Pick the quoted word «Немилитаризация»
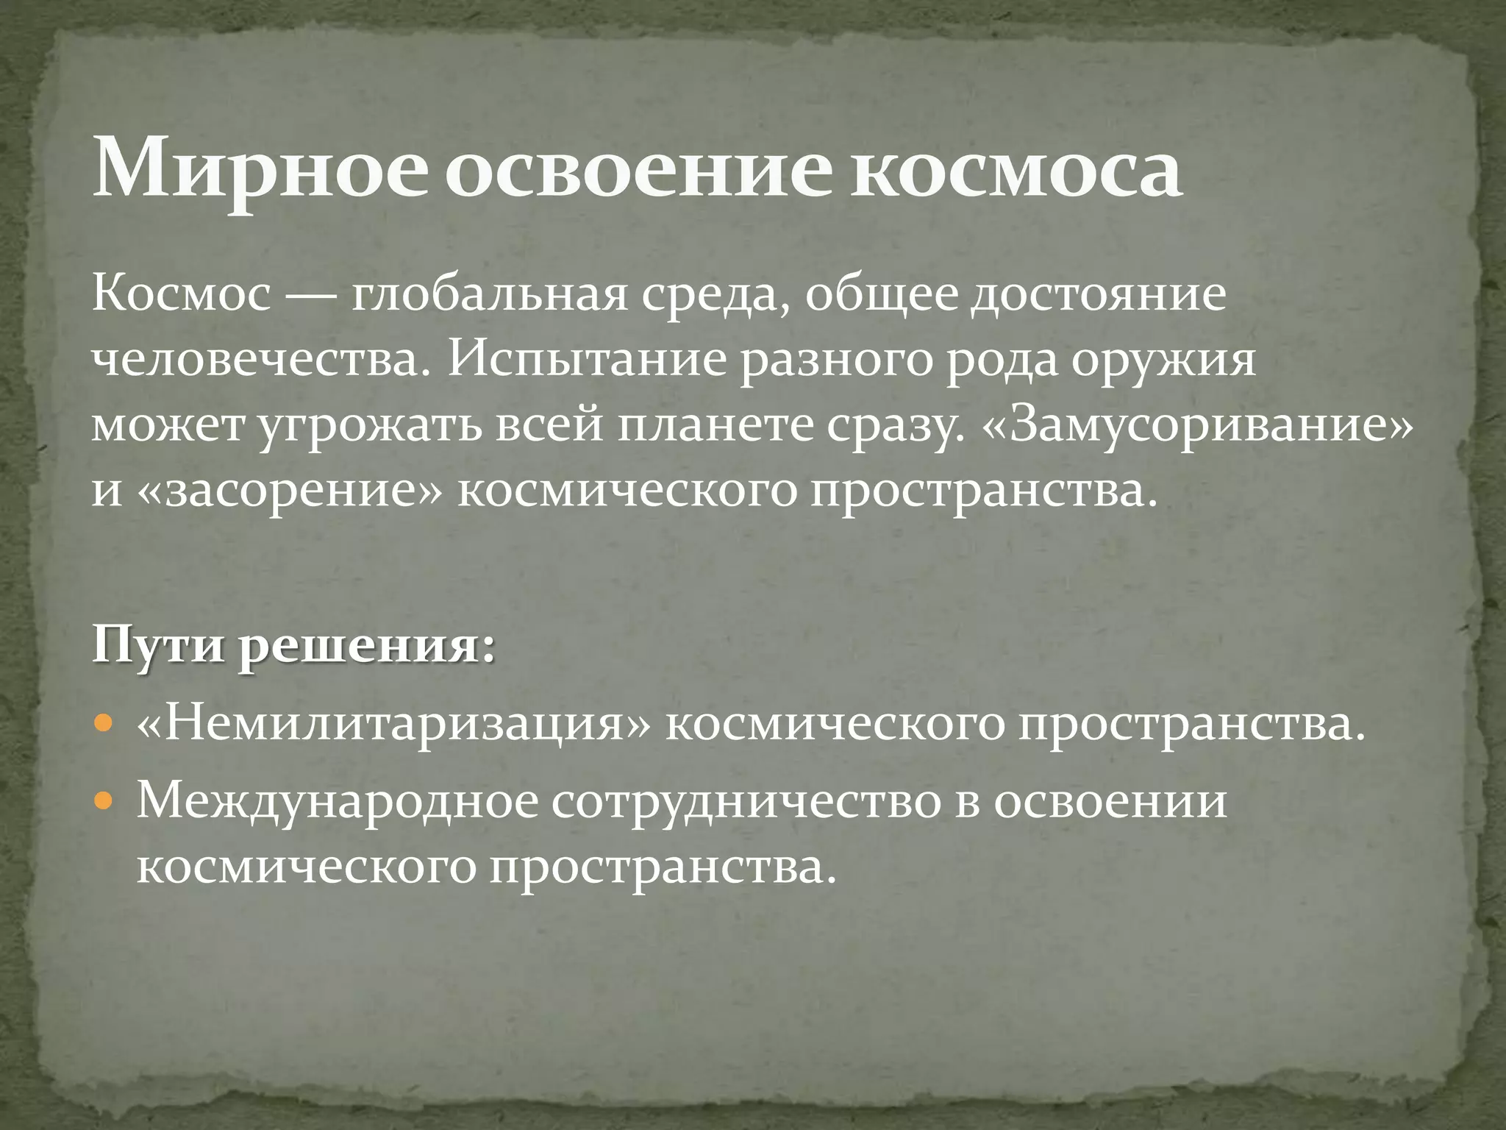coord(394,725)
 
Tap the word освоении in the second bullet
coord(1110,801)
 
